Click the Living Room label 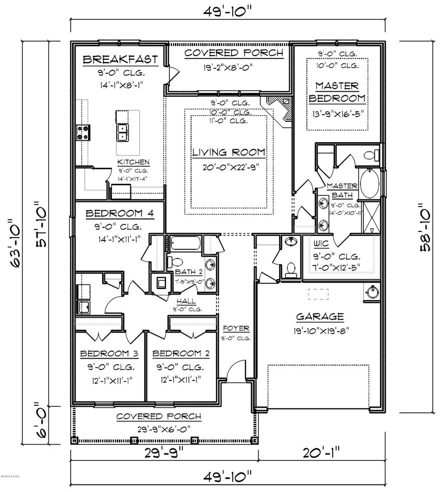click(229, 152)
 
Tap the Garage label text click(320, 317)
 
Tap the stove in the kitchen click(83, 132)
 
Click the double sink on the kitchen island click(122, 133)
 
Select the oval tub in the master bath click(371, 183)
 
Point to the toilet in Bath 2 click(176, 262)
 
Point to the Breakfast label click(120, 60)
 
